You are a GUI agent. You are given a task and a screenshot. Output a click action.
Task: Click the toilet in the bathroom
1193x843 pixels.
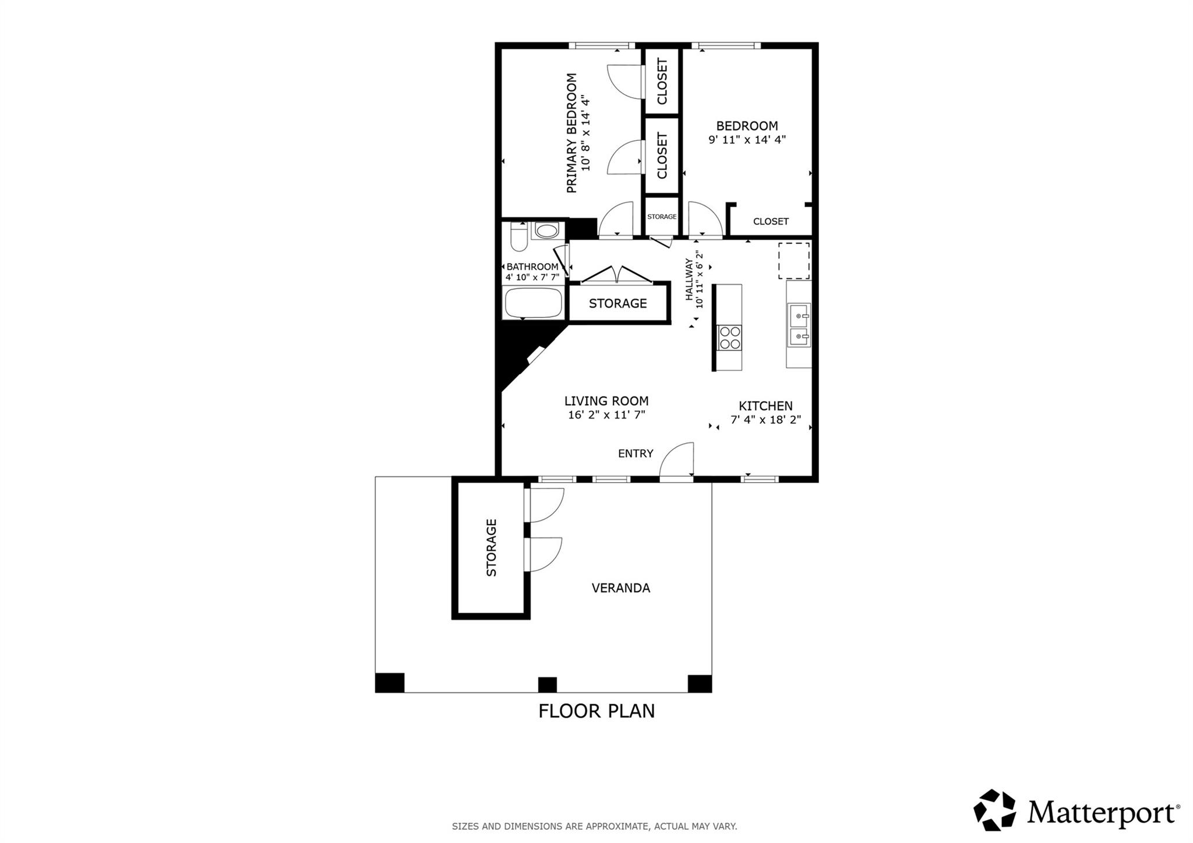coord(518,238)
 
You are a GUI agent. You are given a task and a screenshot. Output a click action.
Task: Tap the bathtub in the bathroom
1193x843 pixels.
coord(533,303)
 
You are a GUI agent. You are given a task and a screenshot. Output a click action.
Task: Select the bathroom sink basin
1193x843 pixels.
coord(547,231)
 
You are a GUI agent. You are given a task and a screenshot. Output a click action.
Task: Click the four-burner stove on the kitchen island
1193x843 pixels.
coord(730,337)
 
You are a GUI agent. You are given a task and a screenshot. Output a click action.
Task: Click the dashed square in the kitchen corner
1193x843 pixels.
coord(794,261)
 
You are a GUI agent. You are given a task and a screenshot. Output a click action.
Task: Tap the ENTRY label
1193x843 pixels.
coord(636,454)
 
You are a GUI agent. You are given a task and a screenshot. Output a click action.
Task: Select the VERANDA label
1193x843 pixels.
coord(621,588)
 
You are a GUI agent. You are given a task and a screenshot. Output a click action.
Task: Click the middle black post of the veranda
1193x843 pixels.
coord(547,684)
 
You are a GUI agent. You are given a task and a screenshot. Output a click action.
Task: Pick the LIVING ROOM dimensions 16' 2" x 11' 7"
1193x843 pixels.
coord(606,415)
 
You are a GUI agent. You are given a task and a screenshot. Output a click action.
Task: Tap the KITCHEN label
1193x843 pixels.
coord(765,406)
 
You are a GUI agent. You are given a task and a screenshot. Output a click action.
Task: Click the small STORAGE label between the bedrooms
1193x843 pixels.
coord(662,217)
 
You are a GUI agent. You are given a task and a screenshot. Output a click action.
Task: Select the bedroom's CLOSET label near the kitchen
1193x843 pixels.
coord(771,221)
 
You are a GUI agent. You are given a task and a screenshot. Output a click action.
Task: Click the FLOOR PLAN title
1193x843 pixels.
coord(596,711)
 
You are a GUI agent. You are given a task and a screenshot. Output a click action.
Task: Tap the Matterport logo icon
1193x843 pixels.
coord(994,810)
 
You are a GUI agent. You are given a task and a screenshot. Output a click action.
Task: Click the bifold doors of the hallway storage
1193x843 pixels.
coord(617,275)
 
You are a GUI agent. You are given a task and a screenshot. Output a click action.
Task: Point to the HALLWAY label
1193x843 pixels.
coord(689,279)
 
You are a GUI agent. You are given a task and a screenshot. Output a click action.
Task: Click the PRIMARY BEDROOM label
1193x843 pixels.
coord(571,133)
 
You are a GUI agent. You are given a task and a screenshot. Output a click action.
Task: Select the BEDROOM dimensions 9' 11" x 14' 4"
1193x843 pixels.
coord(747,140)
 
